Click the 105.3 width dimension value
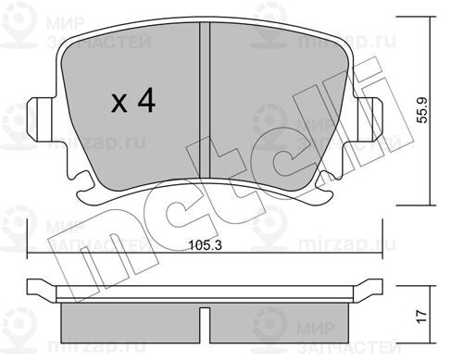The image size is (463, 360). click(205, 245)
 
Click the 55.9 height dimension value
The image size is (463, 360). click(422, 110)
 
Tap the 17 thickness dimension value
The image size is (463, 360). click(422, 317)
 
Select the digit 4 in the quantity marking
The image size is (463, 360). click(146, 100)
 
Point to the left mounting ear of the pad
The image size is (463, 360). click(40, 119)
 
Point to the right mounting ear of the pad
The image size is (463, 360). click(369, 118)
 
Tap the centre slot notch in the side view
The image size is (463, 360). click(205, 325)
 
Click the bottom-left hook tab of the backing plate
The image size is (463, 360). click(86, 189)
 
